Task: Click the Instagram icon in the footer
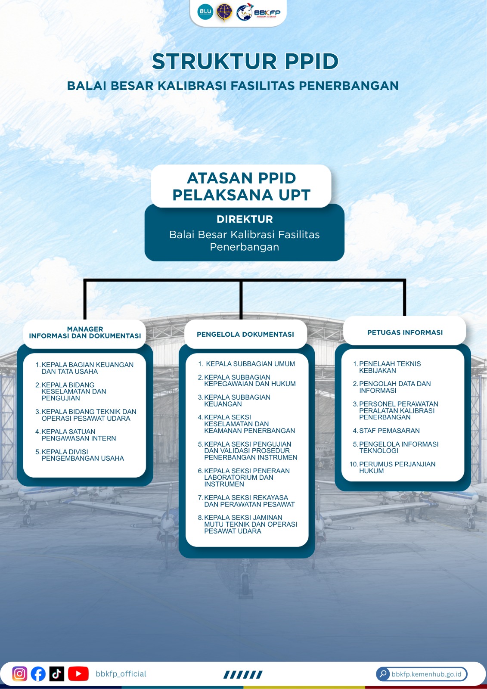pos(20,673)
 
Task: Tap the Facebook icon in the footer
pos(38,673)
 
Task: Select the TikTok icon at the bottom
pos(56,673)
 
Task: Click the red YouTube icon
pos(78,673)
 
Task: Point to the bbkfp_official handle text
pos(121,673)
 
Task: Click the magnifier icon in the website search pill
pos(383,674)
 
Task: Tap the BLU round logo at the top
pos(205,12)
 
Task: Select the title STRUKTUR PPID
pos(245,61)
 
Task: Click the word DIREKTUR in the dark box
pos(245,219)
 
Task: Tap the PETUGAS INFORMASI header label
pos(405,332)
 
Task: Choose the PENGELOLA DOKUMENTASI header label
pos(245,334)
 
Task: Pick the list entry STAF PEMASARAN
pos(386,431)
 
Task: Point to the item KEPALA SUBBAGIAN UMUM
pos(246,364)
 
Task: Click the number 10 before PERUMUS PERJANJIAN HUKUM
pos(354,464)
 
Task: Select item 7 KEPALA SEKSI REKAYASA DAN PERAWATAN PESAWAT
pos(246,501)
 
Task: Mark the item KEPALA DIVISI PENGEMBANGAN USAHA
pos(80,455)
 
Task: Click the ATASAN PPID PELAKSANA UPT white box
pos(241,186)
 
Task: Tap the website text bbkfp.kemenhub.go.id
pos(426,674)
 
